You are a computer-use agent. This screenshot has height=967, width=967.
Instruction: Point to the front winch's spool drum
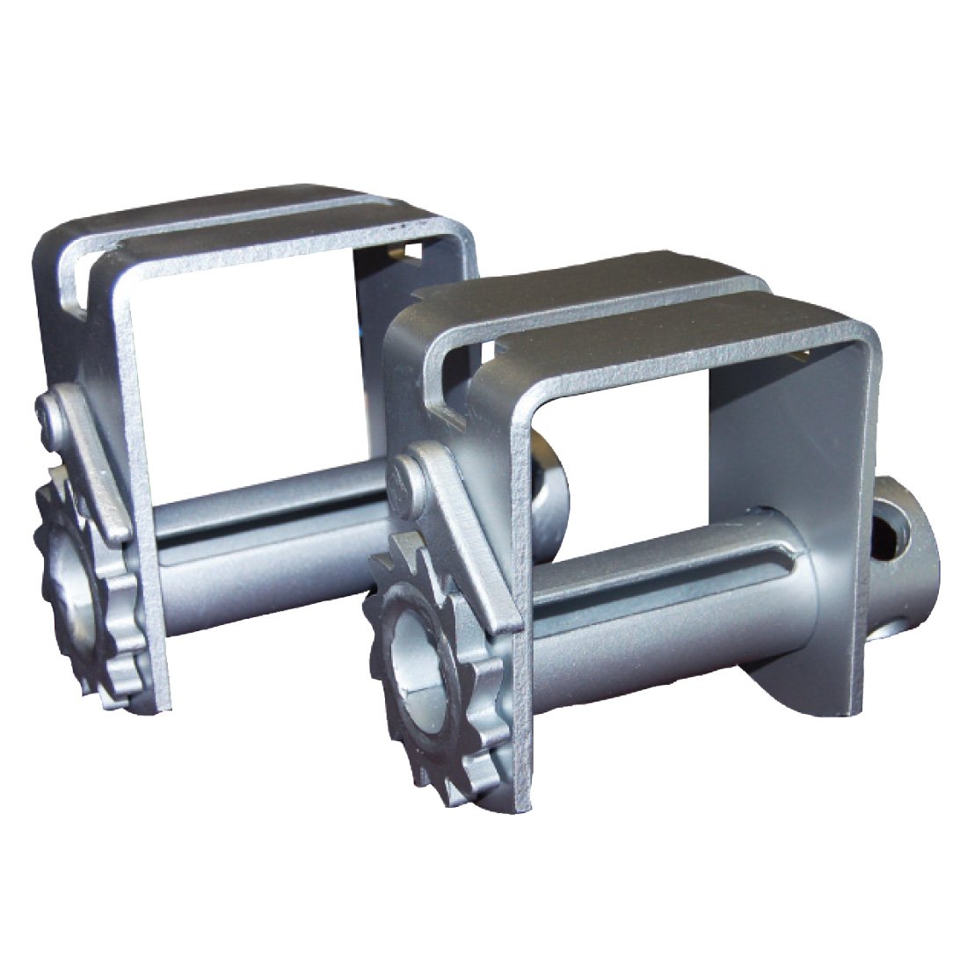[668, 615]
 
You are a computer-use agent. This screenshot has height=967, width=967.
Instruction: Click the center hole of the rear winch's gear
[70, 563]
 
